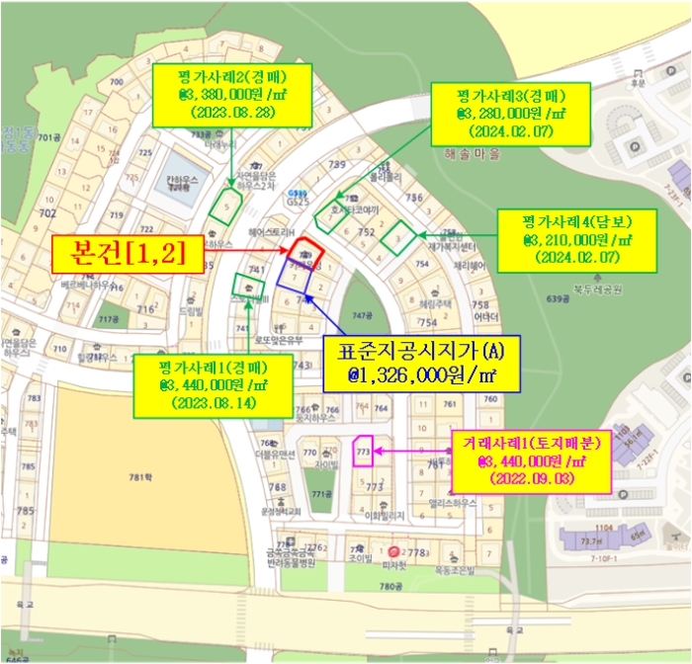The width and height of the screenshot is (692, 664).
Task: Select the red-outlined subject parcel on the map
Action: point(306,251)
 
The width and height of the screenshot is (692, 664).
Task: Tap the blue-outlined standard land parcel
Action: point(296,275)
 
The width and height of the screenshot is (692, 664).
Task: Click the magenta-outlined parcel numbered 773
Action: point(363,450)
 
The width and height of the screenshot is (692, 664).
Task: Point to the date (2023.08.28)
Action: point(232,113)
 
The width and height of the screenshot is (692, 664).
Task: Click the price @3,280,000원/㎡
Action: point(510,115)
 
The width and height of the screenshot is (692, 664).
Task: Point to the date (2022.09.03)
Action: point(531,479)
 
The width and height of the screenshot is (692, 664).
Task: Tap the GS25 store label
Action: point(297,199)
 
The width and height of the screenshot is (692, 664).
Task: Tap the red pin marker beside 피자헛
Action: point(394,550)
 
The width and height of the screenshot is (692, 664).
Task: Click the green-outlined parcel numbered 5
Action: point(226,204)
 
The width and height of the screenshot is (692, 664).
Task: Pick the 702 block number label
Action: point(47,212)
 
